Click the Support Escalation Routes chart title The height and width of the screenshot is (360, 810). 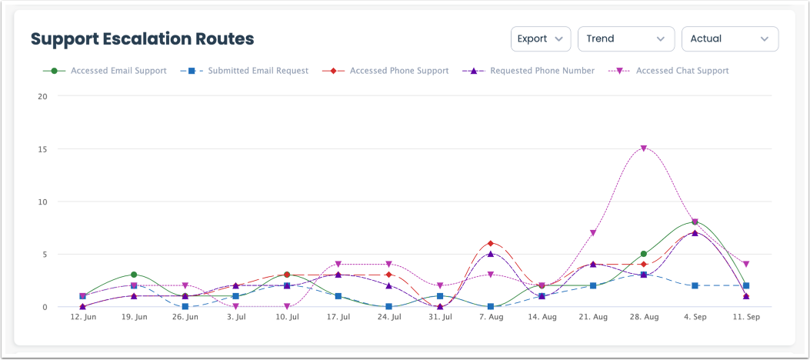[142, 38]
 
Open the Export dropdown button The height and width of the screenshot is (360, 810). [540, 38]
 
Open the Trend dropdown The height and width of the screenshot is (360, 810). [625, 38]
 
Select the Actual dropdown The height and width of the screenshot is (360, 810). [729, 38]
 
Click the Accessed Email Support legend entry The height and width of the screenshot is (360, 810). [118, 71]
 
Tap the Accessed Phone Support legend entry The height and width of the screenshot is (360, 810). [398, 71]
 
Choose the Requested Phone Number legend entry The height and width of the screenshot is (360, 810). [542, 71]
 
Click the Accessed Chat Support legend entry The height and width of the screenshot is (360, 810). [682, 71]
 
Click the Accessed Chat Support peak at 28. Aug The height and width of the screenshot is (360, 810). [644, 148]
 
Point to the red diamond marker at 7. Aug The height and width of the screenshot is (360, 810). [491, 243]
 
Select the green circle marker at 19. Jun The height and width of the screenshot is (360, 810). [134, 275]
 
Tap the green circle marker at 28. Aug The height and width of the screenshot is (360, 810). [644, 254]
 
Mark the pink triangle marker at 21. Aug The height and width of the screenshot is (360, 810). [593, 232]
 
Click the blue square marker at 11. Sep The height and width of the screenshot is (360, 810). [746, 285]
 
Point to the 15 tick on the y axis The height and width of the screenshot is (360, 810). [42, 149]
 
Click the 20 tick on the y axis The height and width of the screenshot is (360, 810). [42, 97]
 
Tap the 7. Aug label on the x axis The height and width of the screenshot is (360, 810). [491, 317]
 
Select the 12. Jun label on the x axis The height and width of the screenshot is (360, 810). [83, 317]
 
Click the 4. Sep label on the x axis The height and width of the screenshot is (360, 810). [695, 317]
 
